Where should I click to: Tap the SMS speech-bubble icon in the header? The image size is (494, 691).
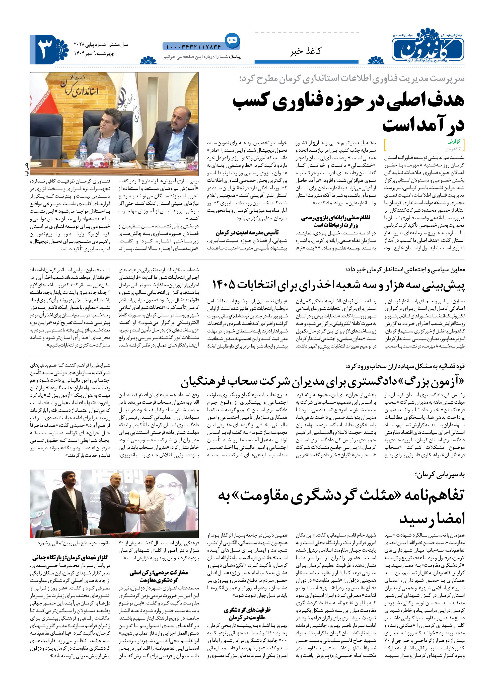(x=232, y=40)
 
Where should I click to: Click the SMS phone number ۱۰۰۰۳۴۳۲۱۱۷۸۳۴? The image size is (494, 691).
(x=193, y=47)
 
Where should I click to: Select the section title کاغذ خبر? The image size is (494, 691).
(x=305, y=51)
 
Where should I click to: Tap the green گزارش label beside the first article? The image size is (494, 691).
(x=454, y=142)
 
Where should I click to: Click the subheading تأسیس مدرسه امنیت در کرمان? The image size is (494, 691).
(x=247, y=233)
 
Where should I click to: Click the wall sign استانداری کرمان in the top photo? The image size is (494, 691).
(x=80, y=89)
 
